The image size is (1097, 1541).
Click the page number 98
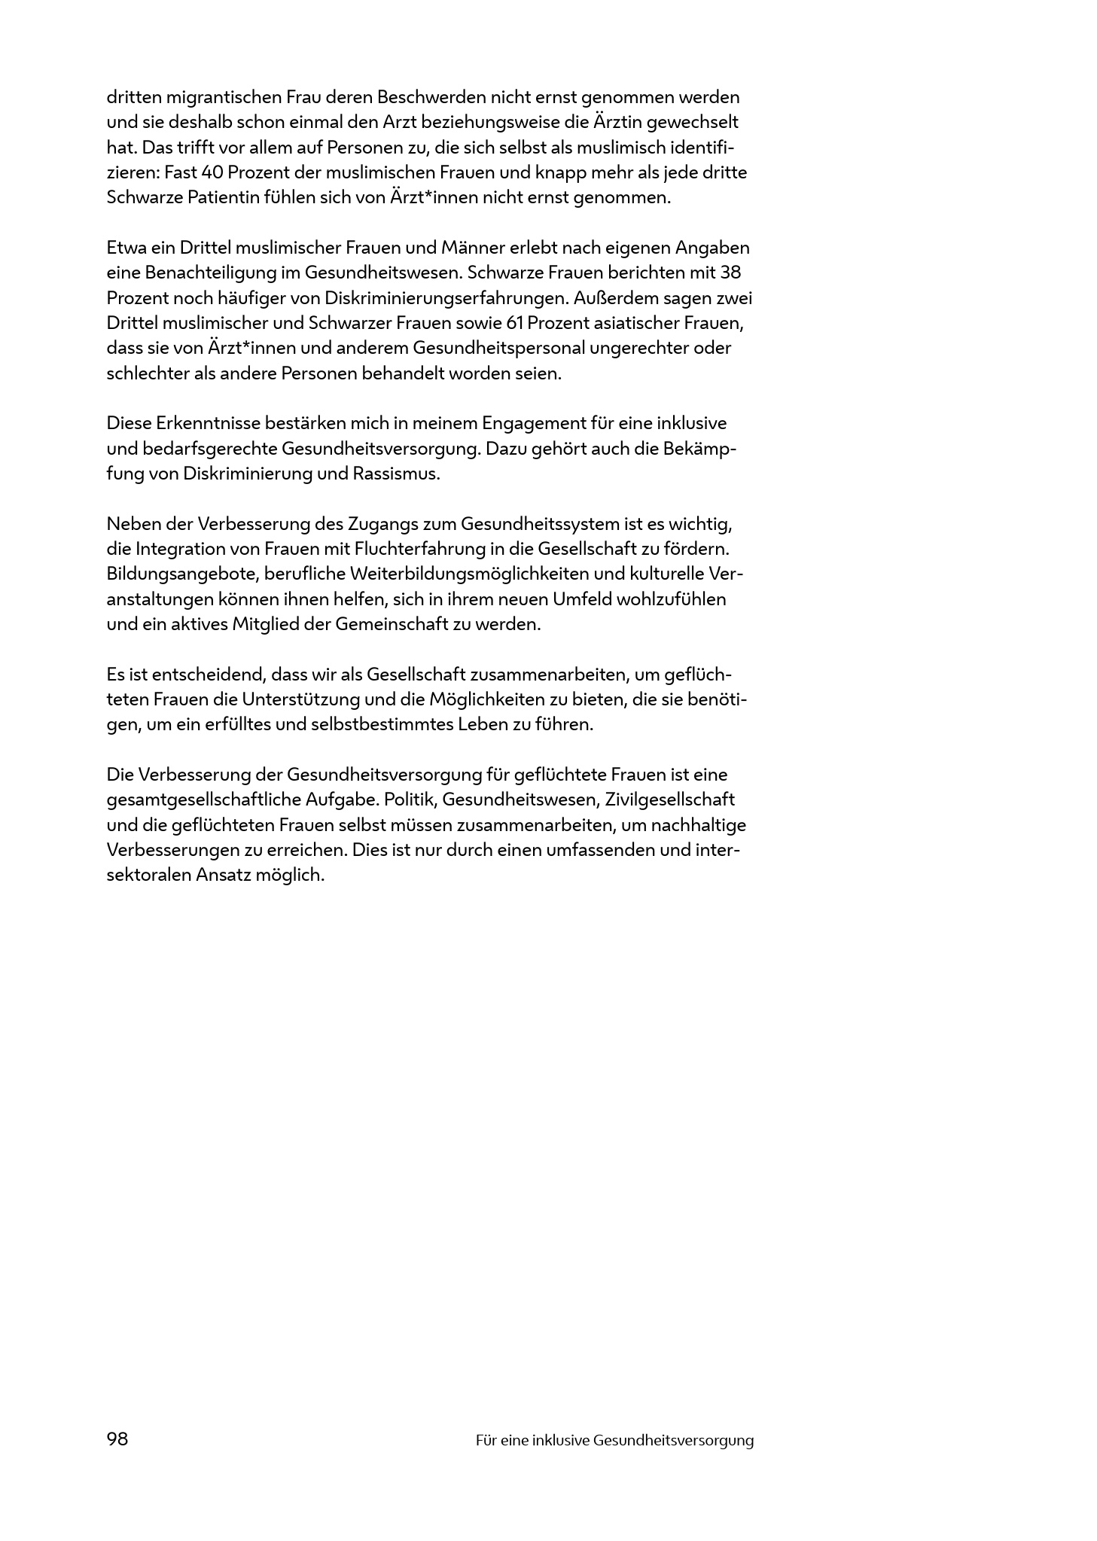click(117, 1439)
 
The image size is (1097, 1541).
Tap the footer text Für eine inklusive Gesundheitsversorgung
click(614, 1440)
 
